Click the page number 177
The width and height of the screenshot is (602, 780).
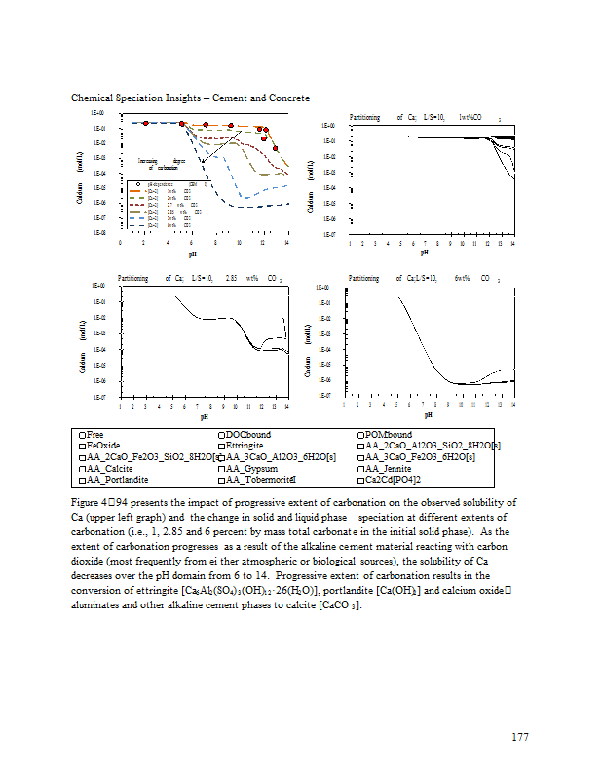pyautogui.click(x=519, y=737)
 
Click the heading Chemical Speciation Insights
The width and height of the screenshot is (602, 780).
pyautogui.click(x=190, y=98)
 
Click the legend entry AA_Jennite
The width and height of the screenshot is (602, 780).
pyautogui.click(x=394, y=468)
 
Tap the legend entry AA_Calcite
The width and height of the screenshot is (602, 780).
pyautogui.click(x=108, y=468)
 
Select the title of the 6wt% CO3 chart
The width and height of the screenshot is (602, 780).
pyautogui.click(x=424, y=279)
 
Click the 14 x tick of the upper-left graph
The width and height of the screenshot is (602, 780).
pyautogui.click(x=286, y=242)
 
